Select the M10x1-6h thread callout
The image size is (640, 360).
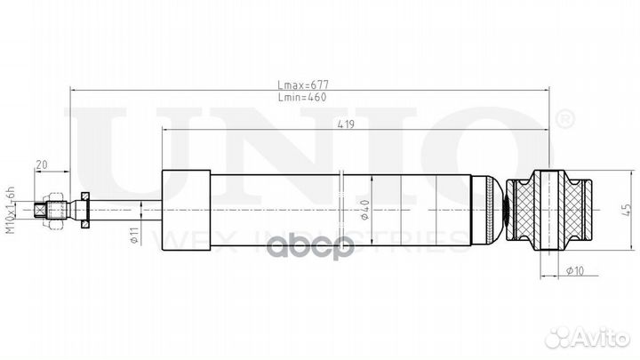coord(12,210)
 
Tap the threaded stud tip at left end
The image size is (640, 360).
coord(40,210)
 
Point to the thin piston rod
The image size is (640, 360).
coord(124,210)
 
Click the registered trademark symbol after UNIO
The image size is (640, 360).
coord(564,117)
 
